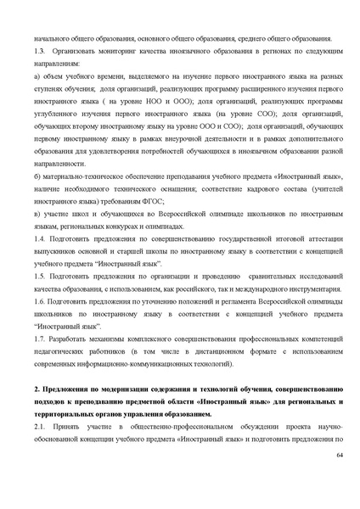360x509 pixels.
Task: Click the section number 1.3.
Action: [40, 51]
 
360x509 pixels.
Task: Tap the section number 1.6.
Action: [40, 301]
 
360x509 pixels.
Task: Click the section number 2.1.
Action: [40, 428]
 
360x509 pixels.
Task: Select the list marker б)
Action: [38, 175]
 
